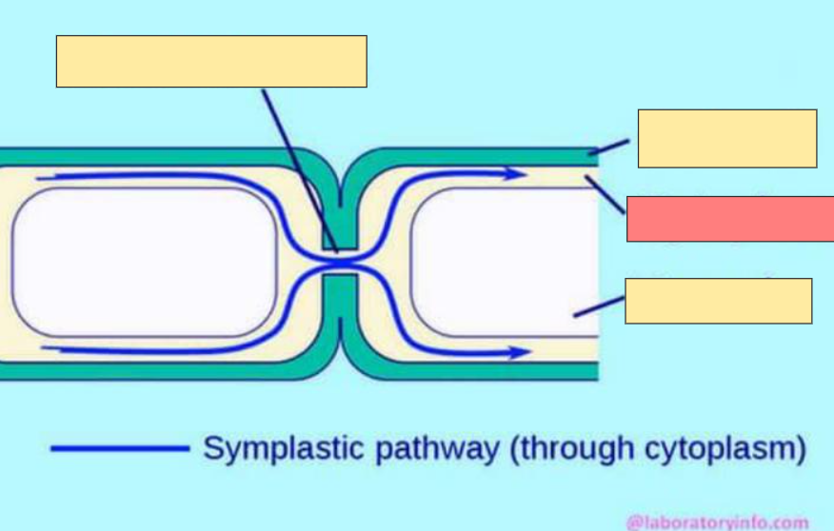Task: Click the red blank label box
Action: coord(729,219)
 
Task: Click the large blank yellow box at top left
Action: coord(211,62)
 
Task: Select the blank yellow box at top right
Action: coord(726,139)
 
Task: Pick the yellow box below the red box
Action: coord(718,301)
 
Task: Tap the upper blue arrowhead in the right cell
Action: coord(517,174)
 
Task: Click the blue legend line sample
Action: coord(120,448)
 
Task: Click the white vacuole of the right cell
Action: coord(505,262)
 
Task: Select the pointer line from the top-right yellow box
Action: coord(609,147)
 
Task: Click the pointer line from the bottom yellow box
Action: coord(600,305)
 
